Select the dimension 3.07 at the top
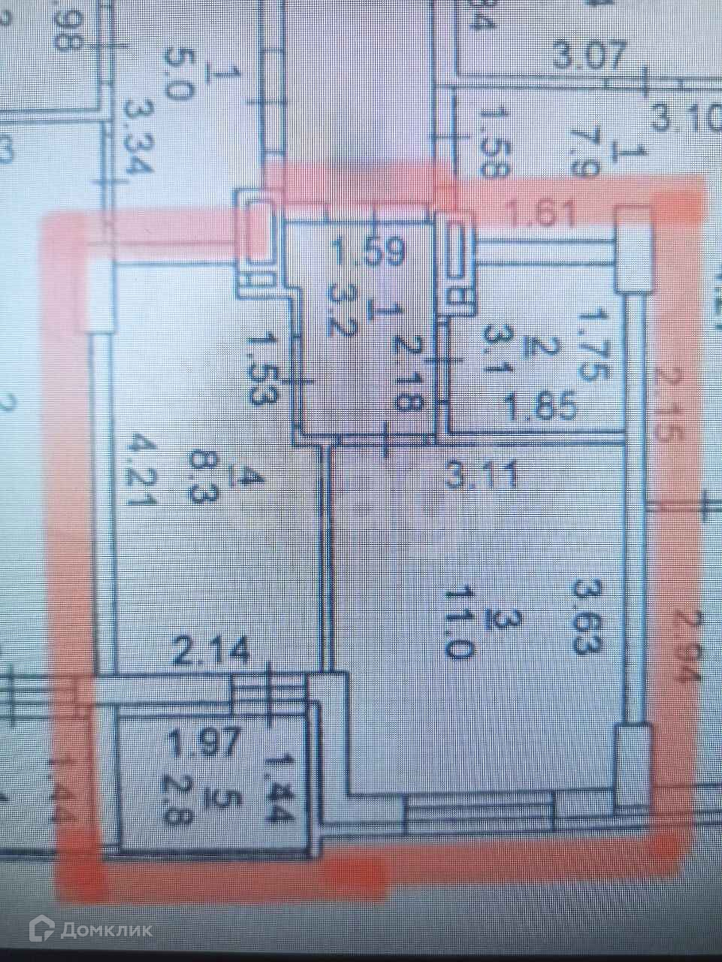pos(588,56)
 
